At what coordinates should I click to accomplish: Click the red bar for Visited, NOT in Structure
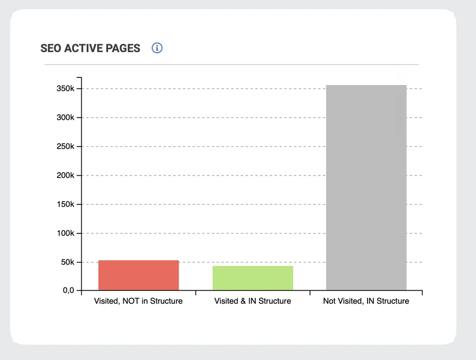click(x=139, y=275)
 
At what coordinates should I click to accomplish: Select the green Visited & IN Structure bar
click(x=252, y=278)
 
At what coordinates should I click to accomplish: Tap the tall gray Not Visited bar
click(x=366, y=187)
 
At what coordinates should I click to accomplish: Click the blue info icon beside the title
click(x=157, y=48)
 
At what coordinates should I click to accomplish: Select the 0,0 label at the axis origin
click(x=68, y=290)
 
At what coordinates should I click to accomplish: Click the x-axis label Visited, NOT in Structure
click(x=139, y=301)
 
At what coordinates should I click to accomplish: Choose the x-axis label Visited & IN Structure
click(x=252, y=301)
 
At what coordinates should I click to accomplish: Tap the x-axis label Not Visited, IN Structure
click(x=366, y=301)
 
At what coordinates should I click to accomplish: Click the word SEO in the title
click(x=50, y=48)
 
